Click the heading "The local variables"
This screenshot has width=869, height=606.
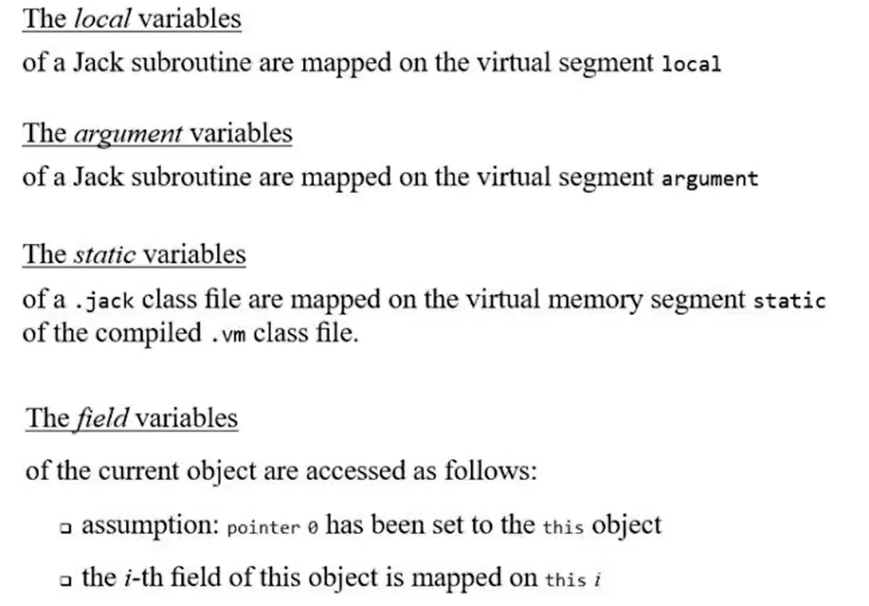click(132, 19)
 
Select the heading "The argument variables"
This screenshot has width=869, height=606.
click(157, 133)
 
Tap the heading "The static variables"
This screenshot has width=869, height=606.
click(134, 254)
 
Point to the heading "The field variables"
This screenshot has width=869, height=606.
click(132, 418)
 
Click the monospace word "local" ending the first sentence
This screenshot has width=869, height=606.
click(691, 65)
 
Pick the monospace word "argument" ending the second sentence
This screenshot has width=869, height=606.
click(710, 179)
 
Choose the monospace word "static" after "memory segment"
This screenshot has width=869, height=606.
click(789, 301)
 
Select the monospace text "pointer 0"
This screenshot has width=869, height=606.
click(273, 528)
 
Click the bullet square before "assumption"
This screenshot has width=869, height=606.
click(66, 528)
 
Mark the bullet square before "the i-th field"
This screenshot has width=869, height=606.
click(66, 580)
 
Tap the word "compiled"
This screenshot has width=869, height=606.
click(147, 333)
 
